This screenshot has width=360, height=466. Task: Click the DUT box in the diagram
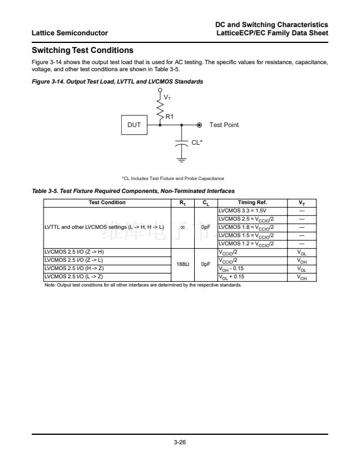134,125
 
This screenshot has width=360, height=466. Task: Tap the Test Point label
224,125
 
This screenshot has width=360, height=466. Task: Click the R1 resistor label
169,116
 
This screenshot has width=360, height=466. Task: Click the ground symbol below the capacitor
182,158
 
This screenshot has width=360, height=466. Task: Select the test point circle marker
199,125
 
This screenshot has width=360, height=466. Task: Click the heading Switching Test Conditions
82,50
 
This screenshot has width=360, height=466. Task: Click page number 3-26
180,442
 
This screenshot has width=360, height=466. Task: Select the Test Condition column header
106,202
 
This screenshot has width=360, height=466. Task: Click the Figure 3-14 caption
117,81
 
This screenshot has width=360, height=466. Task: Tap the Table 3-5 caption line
133,191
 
